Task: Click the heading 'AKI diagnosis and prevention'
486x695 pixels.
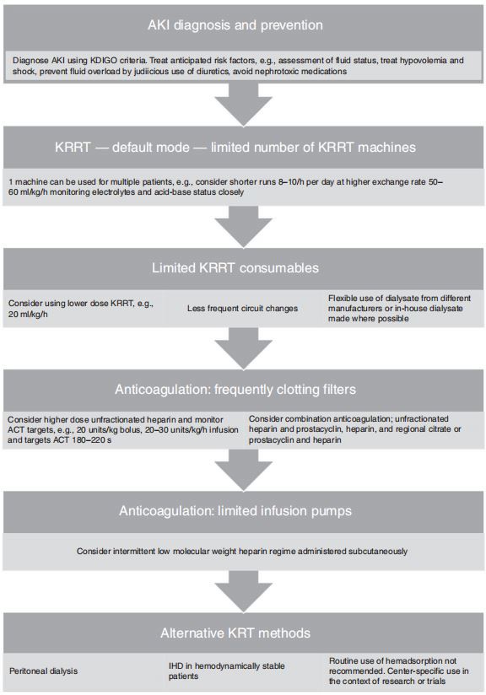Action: click(243, 26)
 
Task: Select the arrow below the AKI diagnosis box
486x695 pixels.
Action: click(243, 106)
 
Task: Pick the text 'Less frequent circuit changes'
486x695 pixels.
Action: click(242, 309)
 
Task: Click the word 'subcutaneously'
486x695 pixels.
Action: click(376, 552)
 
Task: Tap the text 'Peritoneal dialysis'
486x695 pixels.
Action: click(44, 671)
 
